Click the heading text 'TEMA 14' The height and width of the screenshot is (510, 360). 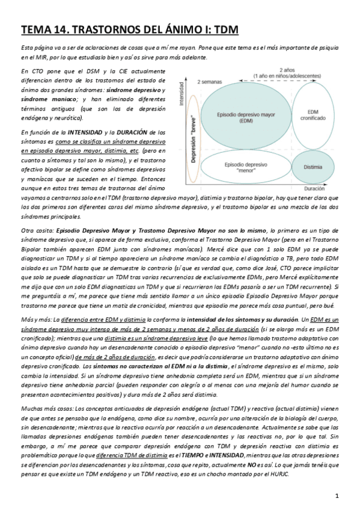pos(44,28)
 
